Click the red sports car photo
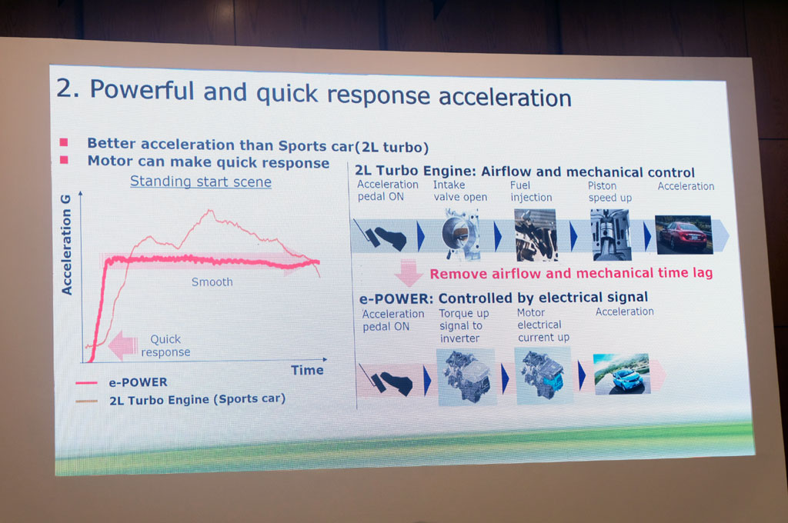(683, 234)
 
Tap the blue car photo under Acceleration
(621, 374)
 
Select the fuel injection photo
(536, 234)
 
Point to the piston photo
(610, 234)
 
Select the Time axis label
(307, 370)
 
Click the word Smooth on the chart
(212, 282)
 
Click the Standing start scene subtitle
(200, 182)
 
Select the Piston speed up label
(609, 192)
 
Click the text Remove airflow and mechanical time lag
(571, 273)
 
